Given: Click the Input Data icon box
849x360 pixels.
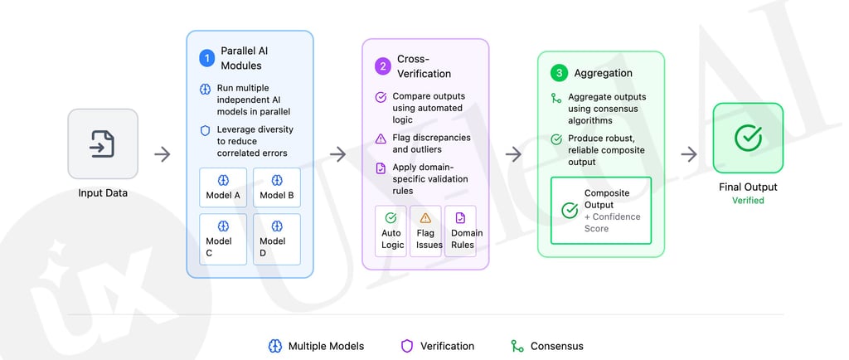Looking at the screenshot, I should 103,144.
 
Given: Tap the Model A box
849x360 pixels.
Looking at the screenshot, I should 223,187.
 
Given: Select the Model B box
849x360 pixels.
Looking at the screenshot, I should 276,187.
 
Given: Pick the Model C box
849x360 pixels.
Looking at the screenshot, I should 223,239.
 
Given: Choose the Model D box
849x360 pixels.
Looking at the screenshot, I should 276,239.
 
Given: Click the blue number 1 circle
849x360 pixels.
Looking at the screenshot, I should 206,58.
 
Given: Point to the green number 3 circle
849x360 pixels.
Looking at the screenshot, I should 559,74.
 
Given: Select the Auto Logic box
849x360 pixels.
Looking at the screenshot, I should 391,231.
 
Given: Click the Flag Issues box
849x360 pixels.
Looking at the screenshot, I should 425,231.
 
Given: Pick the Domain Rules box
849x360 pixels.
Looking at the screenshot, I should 460,231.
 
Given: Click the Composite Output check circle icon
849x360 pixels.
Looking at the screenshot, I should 570,211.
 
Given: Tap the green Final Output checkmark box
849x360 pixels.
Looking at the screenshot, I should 748,138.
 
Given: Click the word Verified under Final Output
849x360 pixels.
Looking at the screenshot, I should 748,201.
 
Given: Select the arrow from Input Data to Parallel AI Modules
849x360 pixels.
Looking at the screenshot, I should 163,154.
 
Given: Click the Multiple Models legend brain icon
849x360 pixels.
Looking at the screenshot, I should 275,346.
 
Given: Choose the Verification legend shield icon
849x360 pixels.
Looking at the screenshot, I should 407,346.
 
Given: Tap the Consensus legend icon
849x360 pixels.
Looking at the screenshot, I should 517,346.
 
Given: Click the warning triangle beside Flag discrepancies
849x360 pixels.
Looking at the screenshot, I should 381,139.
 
